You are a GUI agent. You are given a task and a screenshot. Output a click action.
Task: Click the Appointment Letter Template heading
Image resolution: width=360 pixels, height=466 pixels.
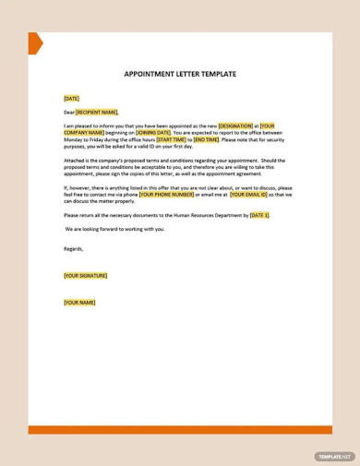pyautogui.click(x=180, y=74)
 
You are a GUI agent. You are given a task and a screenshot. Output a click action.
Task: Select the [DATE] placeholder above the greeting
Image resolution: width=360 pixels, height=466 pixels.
pyautogui.click(x=71, y=98)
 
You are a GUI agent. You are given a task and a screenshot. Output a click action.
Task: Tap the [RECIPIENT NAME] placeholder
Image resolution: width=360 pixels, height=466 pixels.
pyautogui.click(x=97, y=112)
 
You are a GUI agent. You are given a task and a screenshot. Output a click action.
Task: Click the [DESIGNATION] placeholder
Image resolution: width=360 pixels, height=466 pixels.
pyautogui.click(x=235, y=125)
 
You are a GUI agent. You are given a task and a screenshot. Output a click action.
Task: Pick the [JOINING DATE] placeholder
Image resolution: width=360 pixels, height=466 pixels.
pyautogui.click(x=153, y=132)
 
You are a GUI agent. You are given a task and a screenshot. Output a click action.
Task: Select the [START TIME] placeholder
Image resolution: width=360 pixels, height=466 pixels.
pyautogui.click(x=171, y=139)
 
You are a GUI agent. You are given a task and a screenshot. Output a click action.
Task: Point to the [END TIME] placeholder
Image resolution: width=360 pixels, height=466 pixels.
pyautogui.click(x=207, y=139)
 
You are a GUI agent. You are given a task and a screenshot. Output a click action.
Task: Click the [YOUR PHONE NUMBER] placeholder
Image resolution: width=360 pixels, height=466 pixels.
pyautogui.click(x=167, y=195)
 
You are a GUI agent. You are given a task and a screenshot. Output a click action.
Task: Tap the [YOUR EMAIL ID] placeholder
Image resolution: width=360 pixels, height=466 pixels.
pyautogui.click(x=248, y=195)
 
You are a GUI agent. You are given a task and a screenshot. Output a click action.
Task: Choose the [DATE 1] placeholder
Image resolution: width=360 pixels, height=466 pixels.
pyautogui.click(x=259, y=214)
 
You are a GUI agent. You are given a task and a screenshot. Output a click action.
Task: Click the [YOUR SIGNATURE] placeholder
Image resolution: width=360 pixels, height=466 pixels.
pyautogui.click(x=85, y=275)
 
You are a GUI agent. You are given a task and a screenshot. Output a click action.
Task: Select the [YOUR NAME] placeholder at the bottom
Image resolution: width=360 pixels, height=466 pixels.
pyautogui.click(x=79, y=303)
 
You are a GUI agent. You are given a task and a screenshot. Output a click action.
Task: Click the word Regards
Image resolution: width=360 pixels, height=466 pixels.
pyautogui.click(x=73, y=248)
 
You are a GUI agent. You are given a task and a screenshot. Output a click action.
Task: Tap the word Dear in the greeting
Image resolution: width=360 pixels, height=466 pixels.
pyautogui.click(x=69, y=112)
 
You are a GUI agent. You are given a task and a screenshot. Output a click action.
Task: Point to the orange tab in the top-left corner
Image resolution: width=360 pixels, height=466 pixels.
pyautogui.click(x=34, y=42)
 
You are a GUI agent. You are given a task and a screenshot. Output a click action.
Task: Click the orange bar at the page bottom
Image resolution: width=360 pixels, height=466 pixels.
pyautogui.click(x=180, y=429)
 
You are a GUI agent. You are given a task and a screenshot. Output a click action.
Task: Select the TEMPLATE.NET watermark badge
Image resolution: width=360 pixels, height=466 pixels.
pyautogui.click(x=333, y=456)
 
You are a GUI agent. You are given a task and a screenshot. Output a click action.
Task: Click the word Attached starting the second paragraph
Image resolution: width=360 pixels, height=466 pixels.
pyautogui.click(x=75, y=160)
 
